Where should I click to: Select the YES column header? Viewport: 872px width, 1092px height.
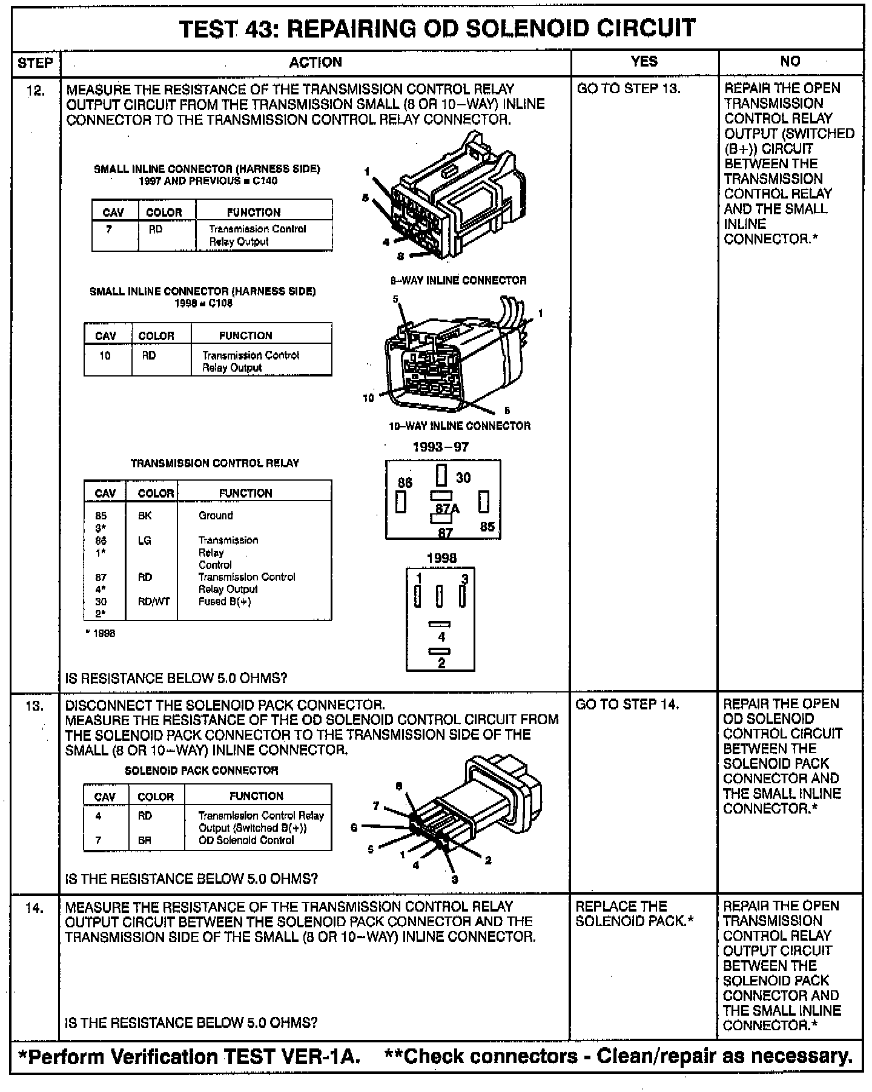644,61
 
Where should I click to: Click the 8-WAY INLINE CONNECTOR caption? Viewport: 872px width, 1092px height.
458,280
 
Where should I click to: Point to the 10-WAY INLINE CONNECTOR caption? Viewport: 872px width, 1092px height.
459,426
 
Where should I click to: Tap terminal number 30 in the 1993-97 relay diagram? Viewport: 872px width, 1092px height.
463,478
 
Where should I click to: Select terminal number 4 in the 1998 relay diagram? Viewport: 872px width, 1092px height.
441,636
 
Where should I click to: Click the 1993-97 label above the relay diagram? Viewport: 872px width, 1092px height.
440,447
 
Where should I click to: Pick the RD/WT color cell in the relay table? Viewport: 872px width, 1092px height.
155,602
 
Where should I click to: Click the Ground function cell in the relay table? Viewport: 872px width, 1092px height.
216,516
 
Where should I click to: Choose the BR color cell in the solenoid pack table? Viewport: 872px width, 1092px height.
144,840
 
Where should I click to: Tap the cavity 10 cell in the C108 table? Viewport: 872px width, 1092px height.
105,355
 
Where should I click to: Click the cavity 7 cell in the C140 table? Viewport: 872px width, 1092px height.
109,229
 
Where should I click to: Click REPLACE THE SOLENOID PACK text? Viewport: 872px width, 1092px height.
633,914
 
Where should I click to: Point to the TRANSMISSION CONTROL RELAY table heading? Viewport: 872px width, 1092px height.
215,463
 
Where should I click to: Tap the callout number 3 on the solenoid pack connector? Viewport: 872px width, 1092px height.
454,879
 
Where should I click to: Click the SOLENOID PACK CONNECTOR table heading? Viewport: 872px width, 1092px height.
202,771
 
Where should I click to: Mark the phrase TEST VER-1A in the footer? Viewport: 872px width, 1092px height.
292,1057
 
